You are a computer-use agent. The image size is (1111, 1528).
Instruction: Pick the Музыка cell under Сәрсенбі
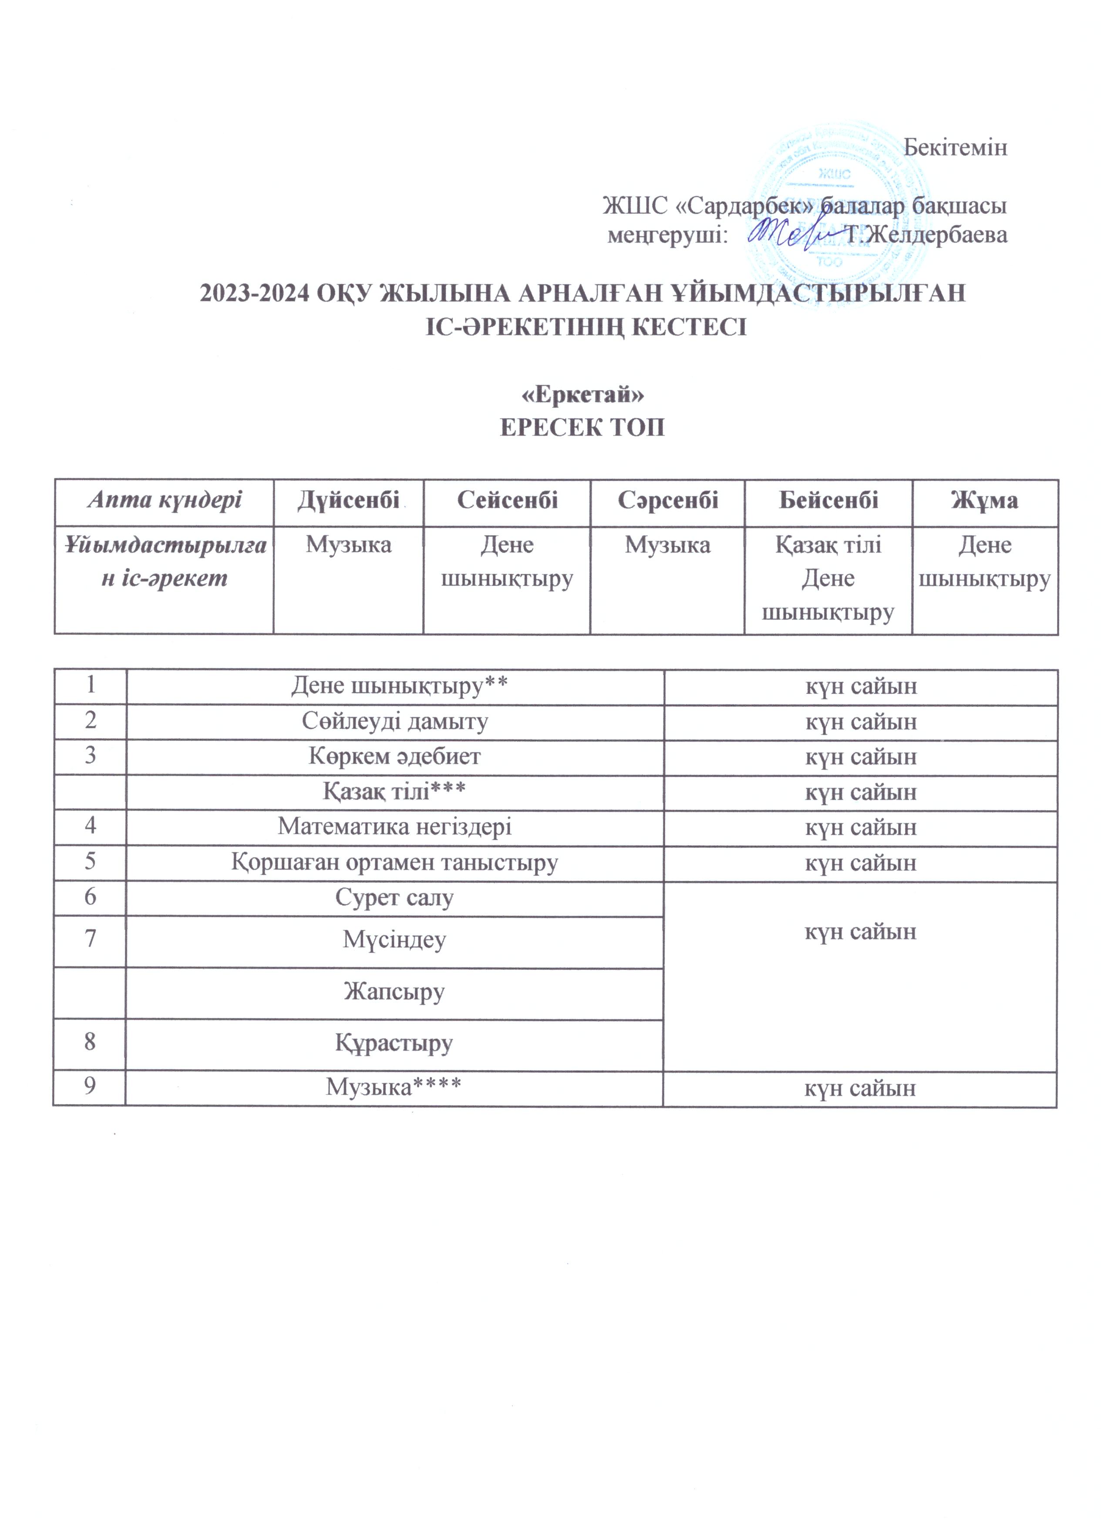click(667, 544)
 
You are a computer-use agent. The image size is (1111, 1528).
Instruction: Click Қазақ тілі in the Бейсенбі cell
click(828, 544)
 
